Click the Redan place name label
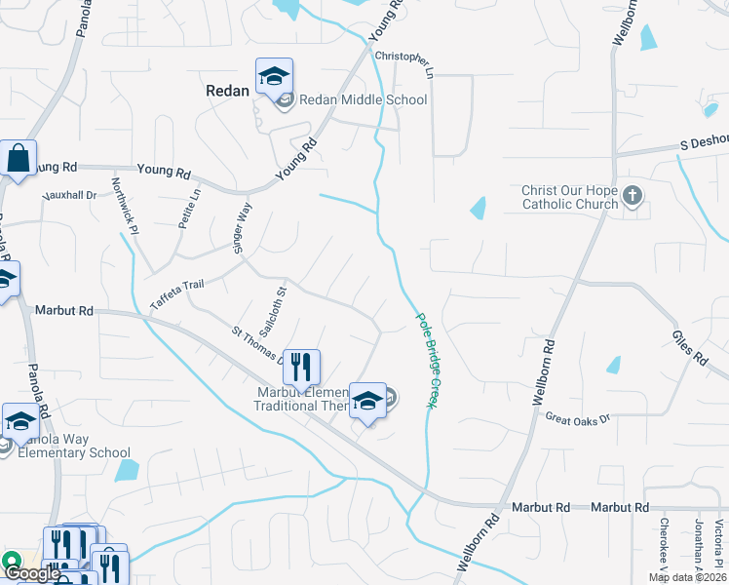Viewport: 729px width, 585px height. (x=227, y=89)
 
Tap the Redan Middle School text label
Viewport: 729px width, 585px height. (x=363, y=99)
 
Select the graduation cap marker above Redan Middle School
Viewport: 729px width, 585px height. (x=275, y=76)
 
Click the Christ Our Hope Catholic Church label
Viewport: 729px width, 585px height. (x=570, y=197)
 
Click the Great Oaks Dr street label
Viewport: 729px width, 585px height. (x=577, y=418)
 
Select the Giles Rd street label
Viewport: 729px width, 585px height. (x=688, y=347)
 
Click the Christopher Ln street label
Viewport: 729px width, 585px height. (x=403, y=60)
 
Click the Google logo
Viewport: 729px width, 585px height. (x=31, y=572)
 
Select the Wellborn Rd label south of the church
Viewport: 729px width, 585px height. (x=543, y=372)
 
